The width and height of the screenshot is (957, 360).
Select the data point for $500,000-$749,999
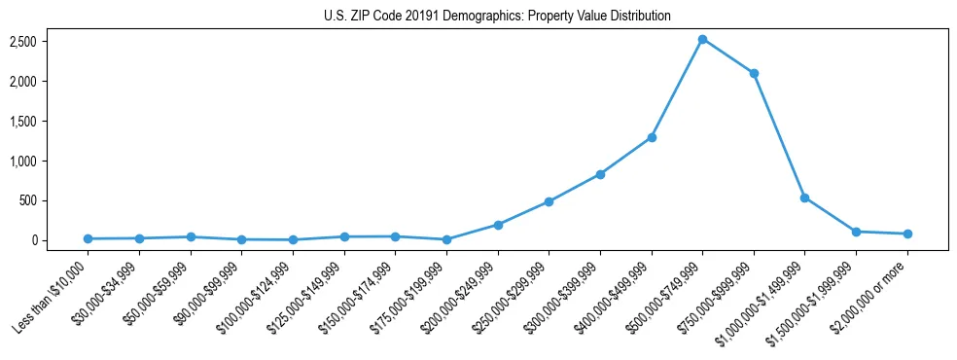click(702, 39)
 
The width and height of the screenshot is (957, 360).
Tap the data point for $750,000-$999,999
click(754, 73)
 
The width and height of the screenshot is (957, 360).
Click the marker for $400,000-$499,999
click(652, 137)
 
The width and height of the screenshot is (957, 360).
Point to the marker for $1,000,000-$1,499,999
click(804, 198)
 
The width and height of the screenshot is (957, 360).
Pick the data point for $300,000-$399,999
click(600, 174)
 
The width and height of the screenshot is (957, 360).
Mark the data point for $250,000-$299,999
click(549, 201)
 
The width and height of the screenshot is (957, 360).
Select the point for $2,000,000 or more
click(907, 234)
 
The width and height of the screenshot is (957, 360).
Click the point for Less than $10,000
click(89, 238)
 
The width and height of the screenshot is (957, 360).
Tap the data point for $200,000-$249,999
click(498, 225)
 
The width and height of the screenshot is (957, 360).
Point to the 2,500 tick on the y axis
click(51, 42)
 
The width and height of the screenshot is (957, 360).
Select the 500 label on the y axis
click(55, 200)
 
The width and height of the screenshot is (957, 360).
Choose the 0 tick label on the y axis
click(61, 240)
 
